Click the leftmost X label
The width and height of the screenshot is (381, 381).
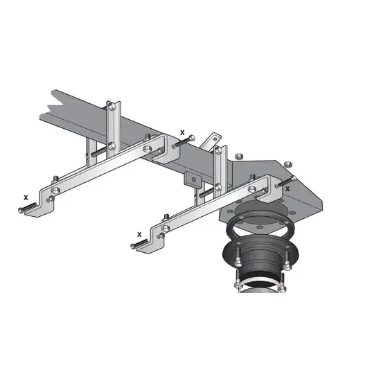26,198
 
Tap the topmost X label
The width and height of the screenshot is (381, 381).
182,133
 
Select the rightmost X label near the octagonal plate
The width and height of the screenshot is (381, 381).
287,189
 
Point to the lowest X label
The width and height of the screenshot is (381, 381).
139,234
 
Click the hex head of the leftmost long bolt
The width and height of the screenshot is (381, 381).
20,210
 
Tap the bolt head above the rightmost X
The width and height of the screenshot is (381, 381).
294,178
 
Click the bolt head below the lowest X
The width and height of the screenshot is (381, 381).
132,246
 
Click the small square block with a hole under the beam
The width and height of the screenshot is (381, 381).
193,179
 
